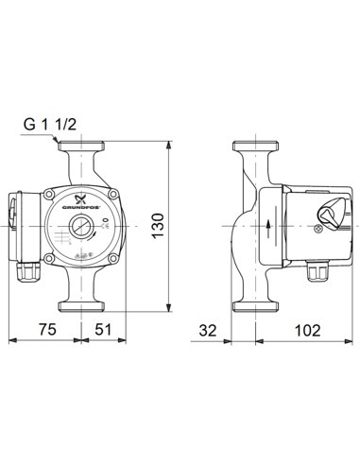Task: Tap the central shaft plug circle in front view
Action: point(79,227)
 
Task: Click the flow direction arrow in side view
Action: point(268,227)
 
